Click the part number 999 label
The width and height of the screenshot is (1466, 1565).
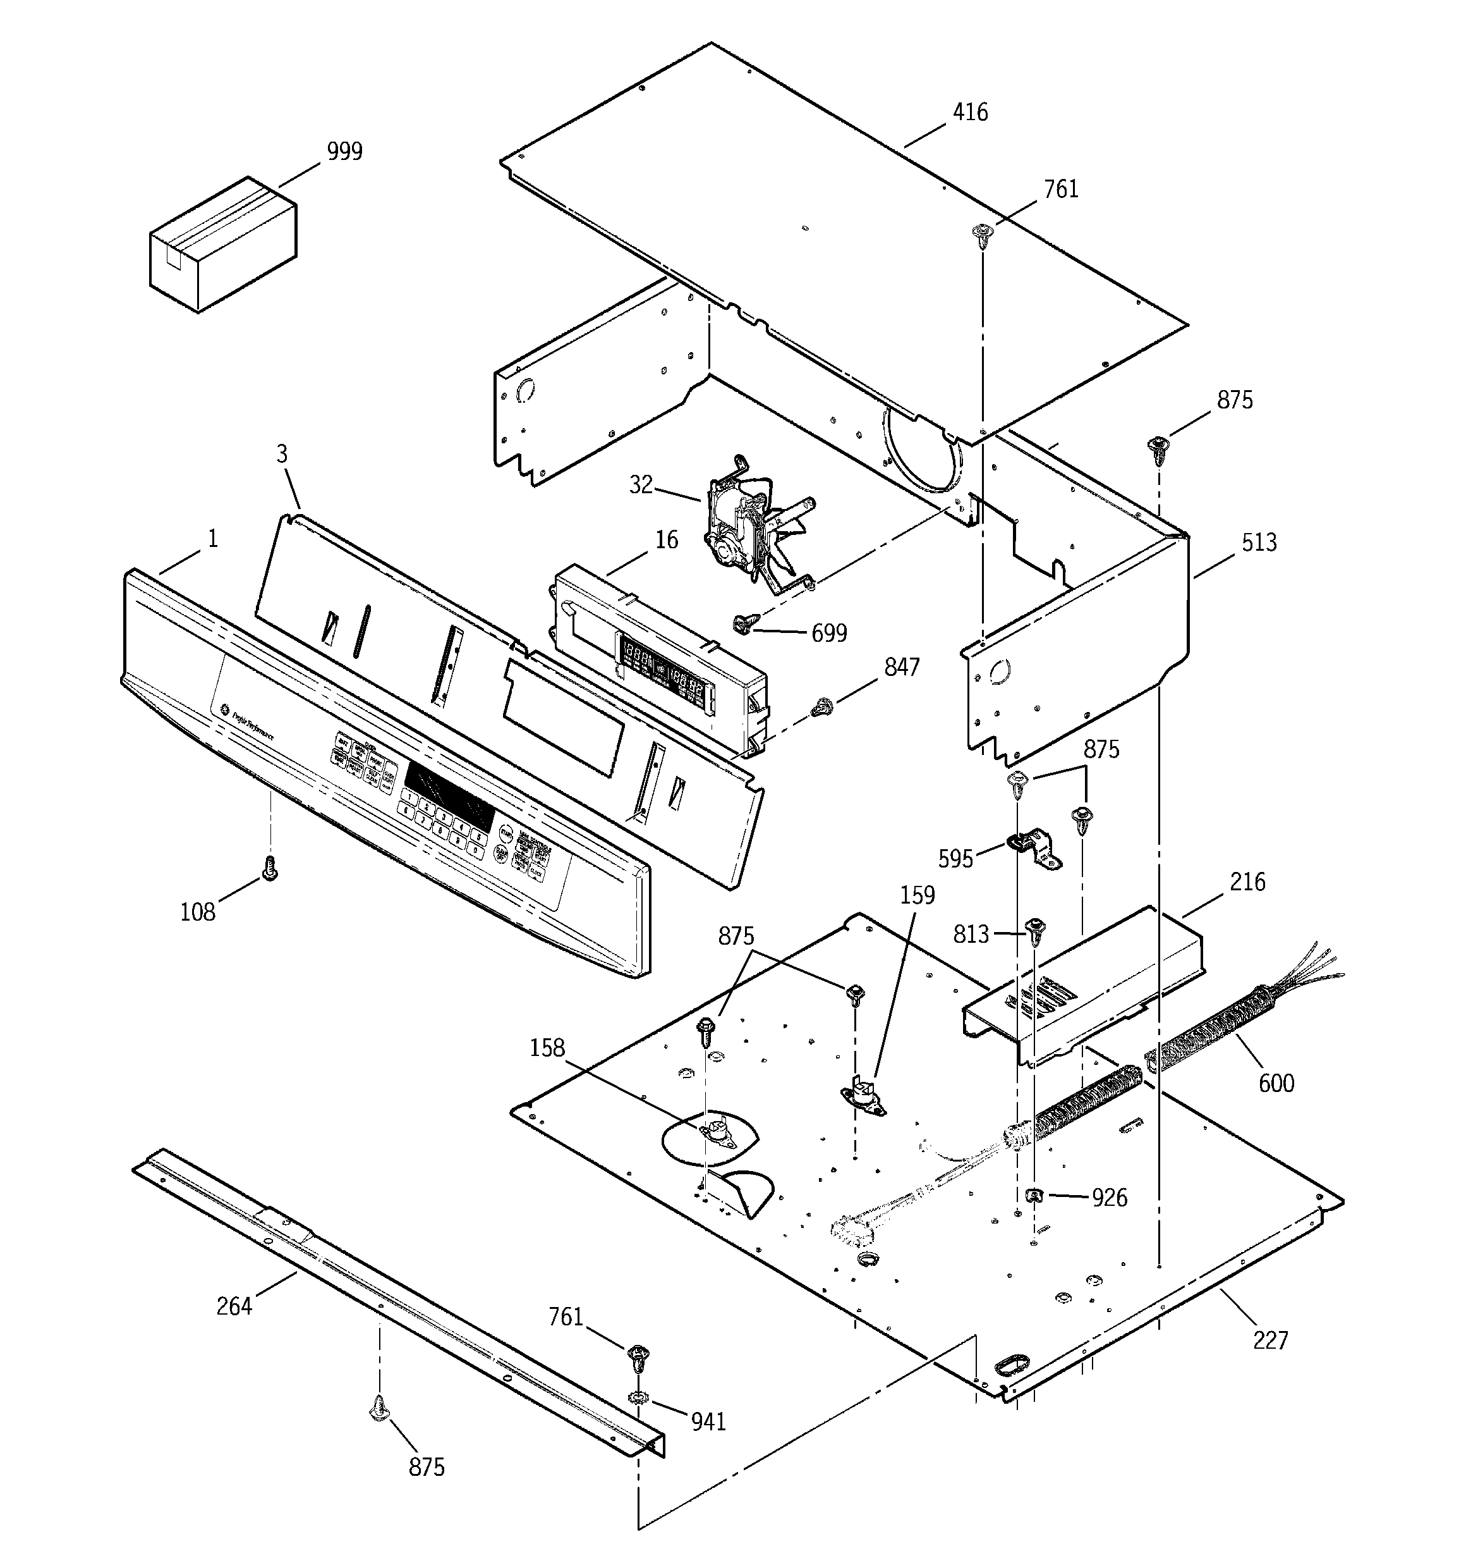click(x=344, y=151)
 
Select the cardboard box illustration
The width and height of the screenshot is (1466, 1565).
click(x=222, y=244)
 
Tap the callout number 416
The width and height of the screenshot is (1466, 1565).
click(x=969, y=113)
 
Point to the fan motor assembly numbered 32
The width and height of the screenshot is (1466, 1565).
click(x=751, y=524)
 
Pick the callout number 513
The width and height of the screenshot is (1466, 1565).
click(x=1258, y=543)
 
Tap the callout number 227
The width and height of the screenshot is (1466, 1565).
click(x=1270, y=1340)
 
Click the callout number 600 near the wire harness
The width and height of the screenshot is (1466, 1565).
click(x=1276, y=1083)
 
